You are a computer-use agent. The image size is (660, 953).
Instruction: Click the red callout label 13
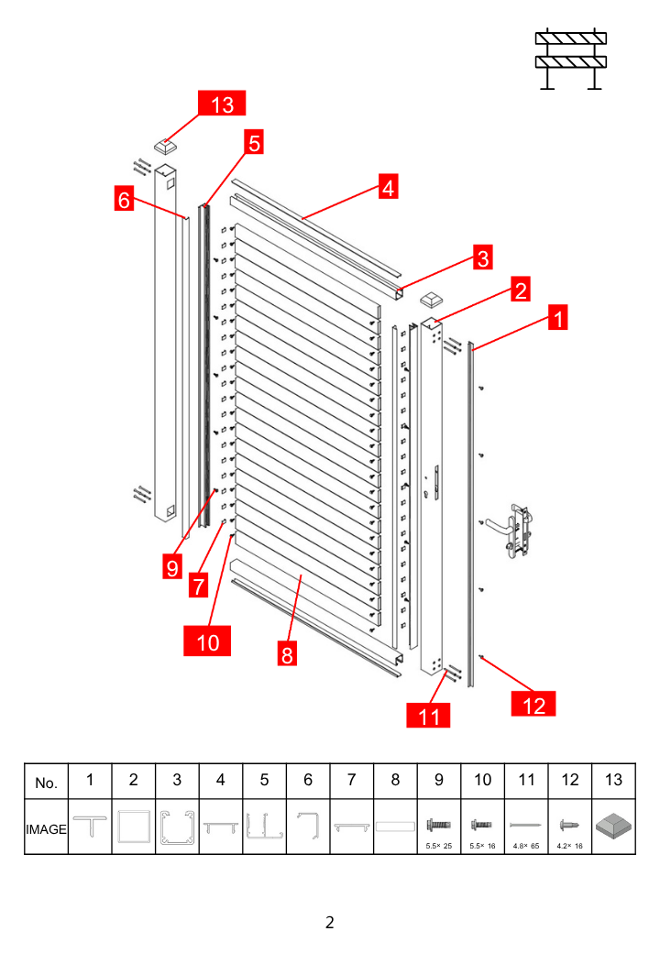point(222,104)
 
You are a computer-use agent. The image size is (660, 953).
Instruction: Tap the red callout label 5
point(254,142)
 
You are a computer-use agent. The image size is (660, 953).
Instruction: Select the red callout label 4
point(389,187)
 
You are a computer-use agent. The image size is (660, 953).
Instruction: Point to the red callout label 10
point(207,641)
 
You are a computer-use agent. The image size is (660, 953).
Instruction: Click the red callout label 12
point(533,704)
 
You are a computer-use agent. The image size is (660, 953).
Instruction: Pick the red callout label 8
point(287,654)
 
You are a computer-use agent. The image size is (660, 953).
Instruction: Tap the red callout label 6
point(124,199)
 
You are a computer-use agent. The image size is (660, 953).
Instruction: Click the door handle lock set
point(518,530)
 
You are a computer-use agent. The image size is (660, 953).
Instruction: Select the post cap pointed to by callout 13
point(164,147)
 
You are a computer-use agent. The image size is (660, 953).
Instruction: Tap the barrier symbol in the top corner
point(571,60)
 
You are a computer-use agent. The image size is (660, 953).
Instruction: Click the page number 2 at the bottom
point(329,922)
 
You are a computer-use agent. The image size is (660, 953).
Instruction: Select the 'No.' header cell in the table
point(46,782)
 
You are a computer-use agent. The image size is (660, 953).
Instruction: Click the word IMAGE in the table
point(46,829)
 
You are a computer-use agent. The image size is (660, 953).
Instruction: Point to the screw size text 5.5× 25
point(439,846)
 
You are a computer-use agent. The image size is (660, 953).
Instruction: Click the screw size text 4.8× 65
point(526,846)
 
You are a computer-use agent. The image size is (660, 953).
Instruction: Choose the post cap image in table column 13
point(614,827)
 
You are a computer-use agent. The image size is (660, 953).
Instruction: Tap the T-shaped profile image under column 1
point(90,827)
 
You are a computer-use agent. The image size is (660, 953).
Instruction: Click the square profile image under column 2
point(133,827)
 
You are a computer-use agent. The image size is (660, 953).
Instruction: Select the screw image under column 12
point(569,826)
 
